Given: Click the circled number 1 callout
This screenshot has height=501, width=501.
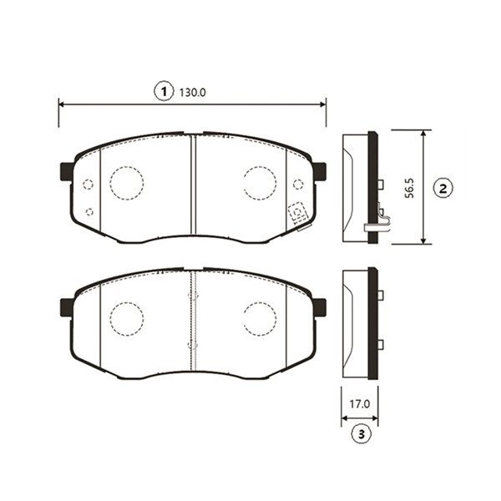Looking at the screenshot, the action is (x=164, y=92).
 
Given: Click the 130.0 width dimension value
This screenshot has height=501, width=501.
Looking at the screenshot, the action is (x=192, y=93).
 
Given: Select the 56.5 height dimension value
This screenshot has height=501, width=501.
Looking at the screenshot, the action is (x=409, y=188).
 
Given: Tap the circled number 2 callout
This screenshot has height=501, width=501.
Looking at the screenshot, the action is (x=443, y=189).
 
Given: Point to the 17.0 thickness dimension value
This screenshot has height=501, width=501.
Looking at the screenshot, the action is (x=359, y=404).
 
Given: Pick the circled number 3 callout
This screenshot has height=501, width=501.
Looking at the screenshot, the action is (x=361, y=434).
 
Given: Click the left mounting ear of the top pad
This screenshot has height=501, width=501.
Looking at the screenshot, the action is (x=67, y=171).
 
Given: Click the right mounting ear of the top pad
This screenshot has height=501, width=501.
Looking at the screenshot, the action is (x=319, y=171).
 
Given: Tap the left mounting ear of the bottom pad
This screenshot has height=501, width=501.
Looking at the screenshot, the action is (x=67, y=307).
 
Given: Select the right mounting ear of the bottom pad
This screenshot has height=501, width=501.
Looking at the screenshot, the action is (x=319, y=307).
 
